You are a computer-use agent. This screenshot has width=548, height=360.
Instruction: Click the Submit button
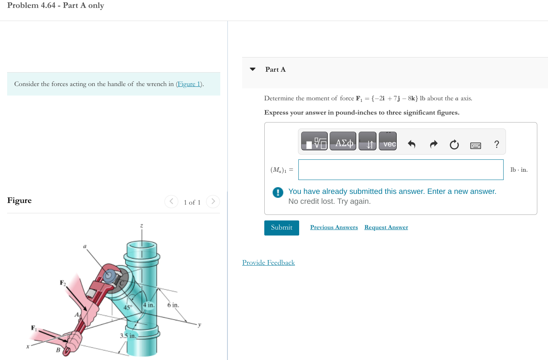pos(281,228)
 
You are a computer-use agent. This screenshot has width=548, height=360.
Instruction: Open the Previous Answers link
pos(334,227)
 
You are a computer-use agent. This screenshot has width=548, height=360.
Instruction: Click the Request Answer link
pos(386,227)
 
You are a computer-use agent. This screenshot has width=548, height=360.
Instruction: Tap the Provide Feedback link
pos(268,262)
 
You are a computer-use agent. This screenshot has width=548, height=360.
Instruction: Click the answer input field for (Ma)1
pos(401,170)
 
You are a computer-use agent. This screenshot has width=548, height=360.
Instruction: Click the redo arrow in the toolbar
pos(433,144)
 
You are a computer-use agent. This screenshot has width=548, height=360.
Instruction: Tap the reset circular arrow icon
pos(454,145)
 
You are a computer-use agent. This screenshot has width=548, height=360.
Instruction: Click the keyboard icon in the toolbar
pos(475,146)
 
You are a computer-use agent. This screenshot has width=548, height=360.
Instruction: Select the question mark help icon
pos(496,144)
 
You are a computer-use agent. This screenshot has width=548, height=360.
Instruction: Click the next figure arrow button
pos(213,201)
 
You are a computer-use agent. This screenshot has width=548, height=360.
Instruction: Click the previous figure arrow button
pos(171,201)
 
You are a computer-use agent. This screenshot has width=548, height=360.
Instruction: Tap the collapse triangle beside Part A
pos(253,69)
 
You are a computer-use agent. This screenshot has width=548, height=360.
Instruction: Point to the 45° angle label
pos(128,307)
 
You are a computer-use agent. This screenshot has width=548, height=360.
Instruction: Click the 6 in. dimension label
pos(173,305)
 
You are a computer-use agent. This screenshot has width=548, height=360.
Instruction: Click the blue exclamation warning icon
pos(278,192)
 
